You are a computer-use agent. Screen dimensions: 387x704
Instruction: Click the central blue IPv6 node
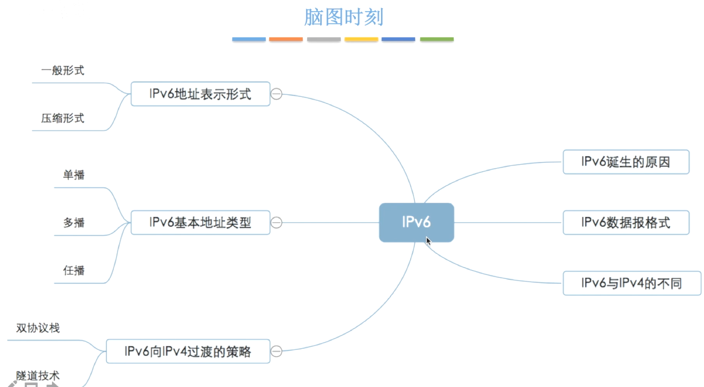(416, 222)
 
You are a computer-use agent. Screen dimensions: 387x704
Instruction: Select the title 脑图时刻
(343, 17)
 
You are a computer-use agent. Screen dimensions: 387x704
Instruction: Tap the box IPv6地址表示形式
(200, 94)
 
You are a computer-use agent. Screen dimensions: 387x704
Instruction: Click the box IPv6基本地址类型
(200, 223)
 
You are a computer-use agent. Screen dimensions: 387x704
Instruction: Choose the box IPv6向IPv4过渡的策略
(187, 351)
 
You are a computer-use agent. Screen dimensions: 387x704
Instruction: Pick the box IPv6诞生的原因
(626, 162)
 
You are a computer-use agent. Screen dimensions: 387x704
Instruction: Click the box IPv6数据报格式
(626, 223)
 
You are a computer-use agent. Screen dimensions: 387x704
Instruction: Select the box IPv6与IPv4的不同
(632, 283)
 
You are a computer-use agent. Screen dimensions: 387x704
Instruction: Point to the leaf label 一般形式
(63, 71)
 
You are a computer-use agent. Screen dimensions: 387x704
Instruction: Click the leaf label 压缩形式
(63, 118)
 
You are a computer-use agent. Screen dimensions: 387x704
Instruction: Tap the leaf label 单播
(74, 175)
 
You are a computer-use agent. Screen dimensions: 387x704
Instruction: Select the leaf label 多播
(74, 223)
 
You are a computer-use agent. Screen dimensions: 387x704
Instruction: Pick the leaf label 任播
(74, 271)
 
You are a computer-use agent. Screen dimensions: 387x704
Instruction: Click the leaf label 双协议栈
(38, 328)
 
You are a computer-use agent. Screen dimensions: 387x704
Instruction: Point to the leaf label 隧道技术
(38, 375)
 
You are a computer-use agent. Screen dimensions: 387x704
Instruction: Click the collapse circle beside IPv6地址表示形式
(276, 94)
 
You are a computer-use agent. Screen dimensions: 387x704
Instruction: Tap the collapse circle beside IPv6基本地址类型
(276, 223)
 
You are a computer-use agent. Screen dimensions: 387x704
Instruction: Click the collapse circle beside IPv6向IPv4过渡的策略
(276, 351)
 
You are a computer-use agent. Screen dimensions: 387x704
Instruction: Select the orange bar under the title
(286, 39)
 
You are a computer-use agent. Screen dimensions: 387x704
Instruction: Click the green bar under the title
(437, 39)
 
